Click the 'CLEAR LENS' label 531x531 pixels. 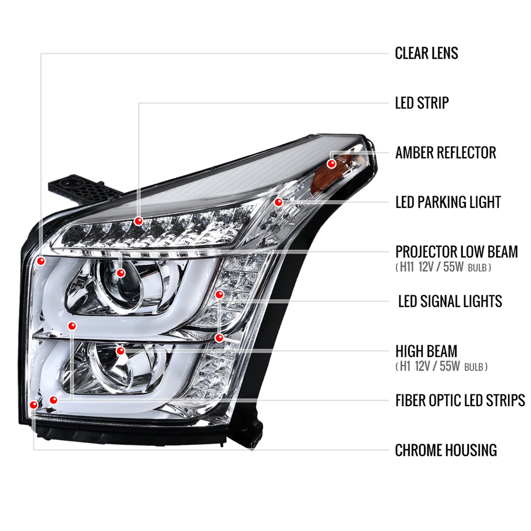[426, 53]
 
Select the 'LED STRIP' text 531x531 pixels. [422, 103]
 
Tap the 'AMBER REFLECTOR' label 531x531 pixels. [445, 153]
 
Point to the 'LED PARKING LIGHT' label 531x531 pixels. [448, 202]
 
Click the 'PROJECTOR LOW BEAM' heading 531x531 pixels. [456, 252]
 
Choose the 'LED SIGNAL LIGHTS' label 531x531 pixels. [450, 302]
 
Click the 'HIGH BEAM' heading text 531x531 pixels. [426, 351]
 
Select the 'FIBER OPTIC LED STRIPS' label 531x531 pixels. [460, 400]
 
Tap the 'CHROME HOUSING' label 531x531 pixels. [446, 450]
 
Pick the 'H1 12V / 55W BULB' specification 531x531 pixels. [441, 366]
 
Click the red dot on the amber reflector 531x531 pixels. [331, 164]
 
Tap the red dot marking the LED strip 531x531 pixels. [138, 221]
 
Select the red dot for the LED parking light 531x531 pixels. [278, 202]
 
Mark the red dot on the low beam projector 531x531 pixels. [121, 273]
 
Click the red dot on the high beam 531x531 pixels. [120, 351]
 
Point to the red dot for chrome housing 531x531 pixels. [34, 405]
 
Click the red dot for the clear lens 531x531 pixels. [41, 261]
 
